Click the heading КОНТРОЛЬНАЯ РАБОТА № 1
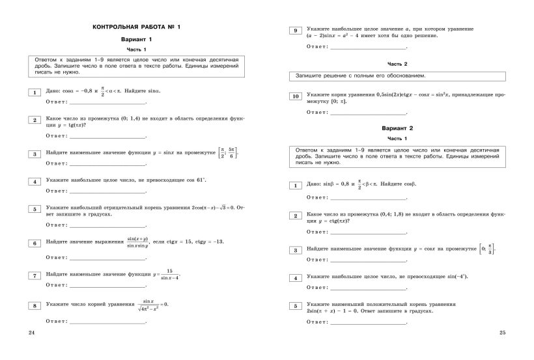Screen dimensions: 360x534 (136, 27)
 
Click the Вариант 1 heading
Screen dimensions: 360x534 (136, 40)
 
